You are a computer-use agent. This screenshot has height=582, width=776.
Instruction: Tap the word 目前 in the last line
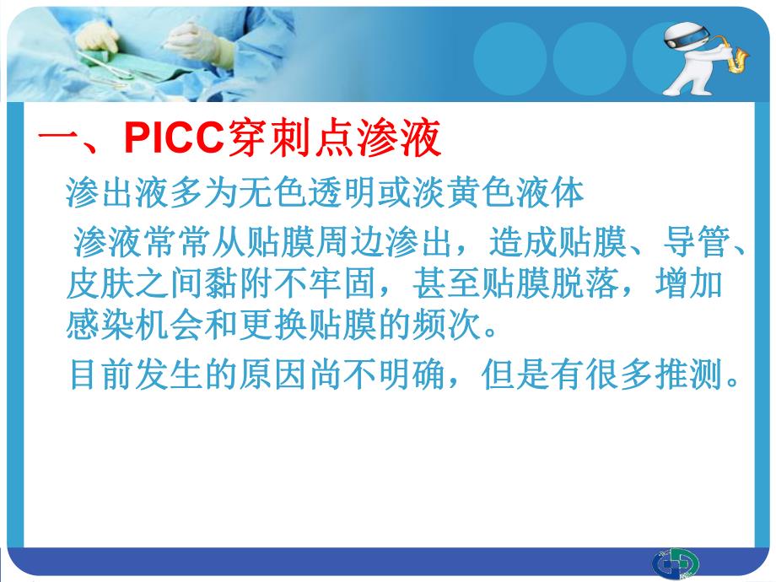[92, 375]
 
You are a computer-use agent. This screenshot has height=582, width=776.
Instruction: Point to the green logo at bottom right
[675, 563]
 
